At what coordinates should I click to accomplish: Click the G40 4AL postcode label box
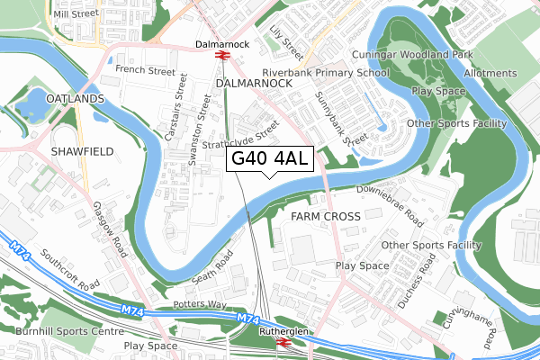coord(270,159)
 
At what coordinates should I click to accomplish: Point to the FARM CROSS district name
coord(326,217)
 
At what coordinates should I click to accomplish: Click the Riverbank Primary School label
coord(326,73)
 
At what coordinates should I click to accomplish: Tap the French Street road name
coord(144,69)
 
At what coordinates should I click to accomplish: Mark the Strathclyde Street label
coord(240,145)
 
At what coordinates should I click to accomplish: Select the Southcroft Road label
coord(68,271)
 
